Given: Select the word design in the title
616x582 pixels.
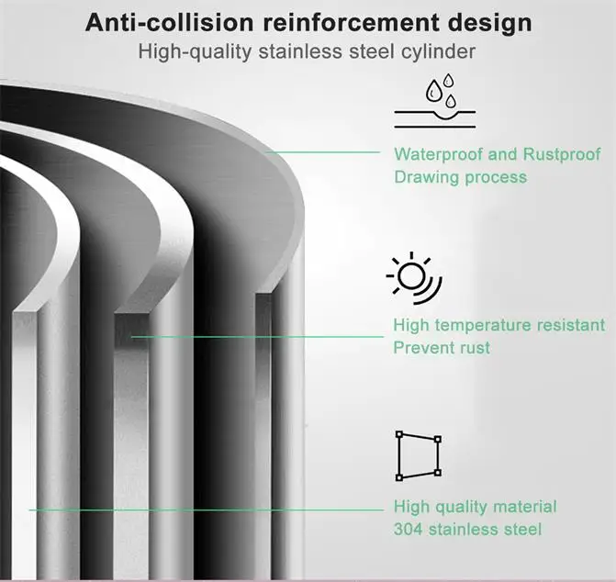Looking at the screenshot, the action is tap(483, 22).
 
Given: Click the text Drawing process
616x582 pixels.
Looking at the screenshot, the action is tap(460, 176).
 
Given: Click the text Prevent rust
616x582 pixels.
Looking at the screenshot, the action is tap(441, 348).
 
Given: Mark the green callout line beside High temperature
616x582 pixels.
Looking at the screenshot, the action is tap(257, 337).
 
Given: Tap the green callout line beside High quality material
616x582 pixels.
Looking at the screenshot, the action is tap(202, 508).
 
